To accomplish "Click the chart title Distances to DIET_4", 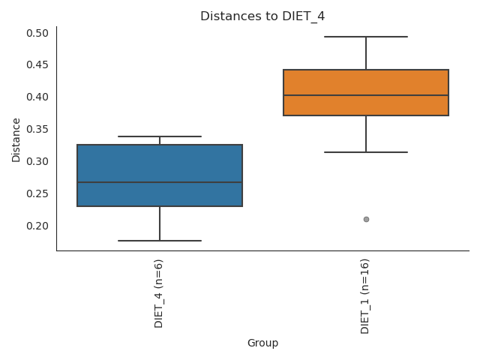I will pyautogui.click(x=262, y=16).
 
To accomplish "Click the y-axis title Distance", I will pyautogui.click(x=16, y=139).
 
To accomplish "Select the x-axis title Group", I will pyautogui.click(x=262, y=343).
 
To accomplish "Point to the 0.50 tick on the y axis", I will pyautogui.click(x=37, y=33).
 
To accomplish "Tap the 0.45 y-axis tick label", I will pyautogui.click(x=37, y=65).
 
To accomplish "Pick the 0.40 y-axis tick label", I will pyautogui.click(x=37, y=97).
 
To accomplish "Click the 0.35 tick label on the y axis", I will pyautogui.click(x=37, y=130).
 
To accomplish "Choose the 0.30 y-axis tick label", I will pyautogui.click(x=37, y=162).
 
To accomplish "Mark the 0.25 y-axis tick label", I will pyautogui.click(x=37, y=194).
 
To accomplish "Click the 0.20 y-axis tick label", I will pyautogui.click(x=37, y=226).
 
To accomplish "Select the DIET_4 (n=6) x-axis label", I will pyautogui.click(x=159, y=293).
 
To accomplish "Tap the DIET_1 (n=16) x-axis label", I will pyautogui.click(x=365, y=296).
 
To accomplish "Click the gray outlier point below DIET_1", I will pyautogui.click(x=366, y=219).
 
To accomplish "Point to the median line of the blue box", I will pyautogui.click(x=160, y=182).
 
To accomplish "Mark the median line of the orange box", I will pyautogui.click(x=366, y=95).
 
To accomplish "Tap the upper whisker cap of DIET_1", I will pyautogui.click(x=366, y=37).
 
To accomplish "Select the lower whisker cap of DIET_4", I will pyautogui.click(x=160, y=241).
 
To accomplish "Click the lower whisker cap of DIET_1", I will pyautogui.click(x=366, y=152).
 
